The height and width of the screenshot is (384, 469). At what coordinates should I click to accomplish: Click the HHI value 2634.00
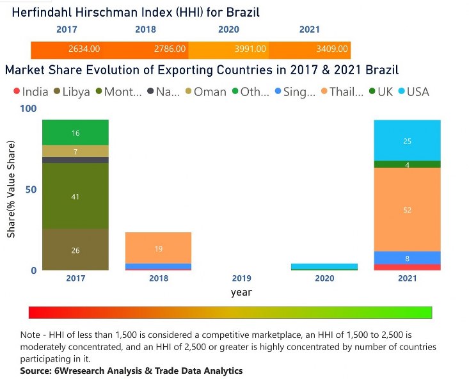point(84,49)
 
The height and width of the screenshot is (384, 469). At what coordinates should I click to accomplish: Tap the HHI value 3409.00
point(333,49)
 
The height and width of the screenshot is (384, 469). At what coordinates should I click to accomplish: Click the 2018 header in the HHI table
point(145,29)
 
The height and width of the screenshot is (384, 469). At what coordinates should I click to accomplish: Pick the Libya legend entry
point(75,92)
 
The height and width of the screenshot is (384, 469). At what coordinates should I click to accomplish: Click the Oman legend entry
point(210,92)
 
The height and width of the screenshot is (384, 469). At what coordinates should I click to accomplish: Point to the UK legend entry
point(385,92)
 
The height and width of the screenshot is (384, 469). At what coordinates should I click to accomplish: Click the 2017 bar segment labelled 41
point(76,196)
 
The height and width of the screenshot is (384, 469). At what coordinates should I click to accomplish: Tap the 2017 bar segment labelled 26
point(76,250)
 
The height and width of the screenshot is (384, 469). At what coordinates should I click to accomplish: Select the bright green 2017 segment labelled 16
point(76,132)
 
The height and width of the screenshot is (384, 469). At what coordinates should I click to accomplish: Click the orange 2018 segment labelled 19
point(158,248)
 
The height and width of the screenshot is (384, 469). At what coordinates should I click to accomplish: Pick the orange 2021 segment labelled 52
point(407,210)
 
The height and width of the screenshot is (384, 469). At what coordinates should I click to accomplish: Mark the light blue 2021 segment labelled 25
point(407,141)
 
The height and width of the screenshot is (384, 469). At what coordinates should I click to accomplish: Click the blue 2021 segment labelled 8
point(407,258)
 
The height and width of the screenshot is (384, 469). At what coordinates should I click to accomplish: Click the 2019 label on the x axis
point(241,278)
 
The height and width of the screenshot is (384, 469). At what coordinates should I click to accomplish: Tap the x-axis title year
point(241,292)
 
